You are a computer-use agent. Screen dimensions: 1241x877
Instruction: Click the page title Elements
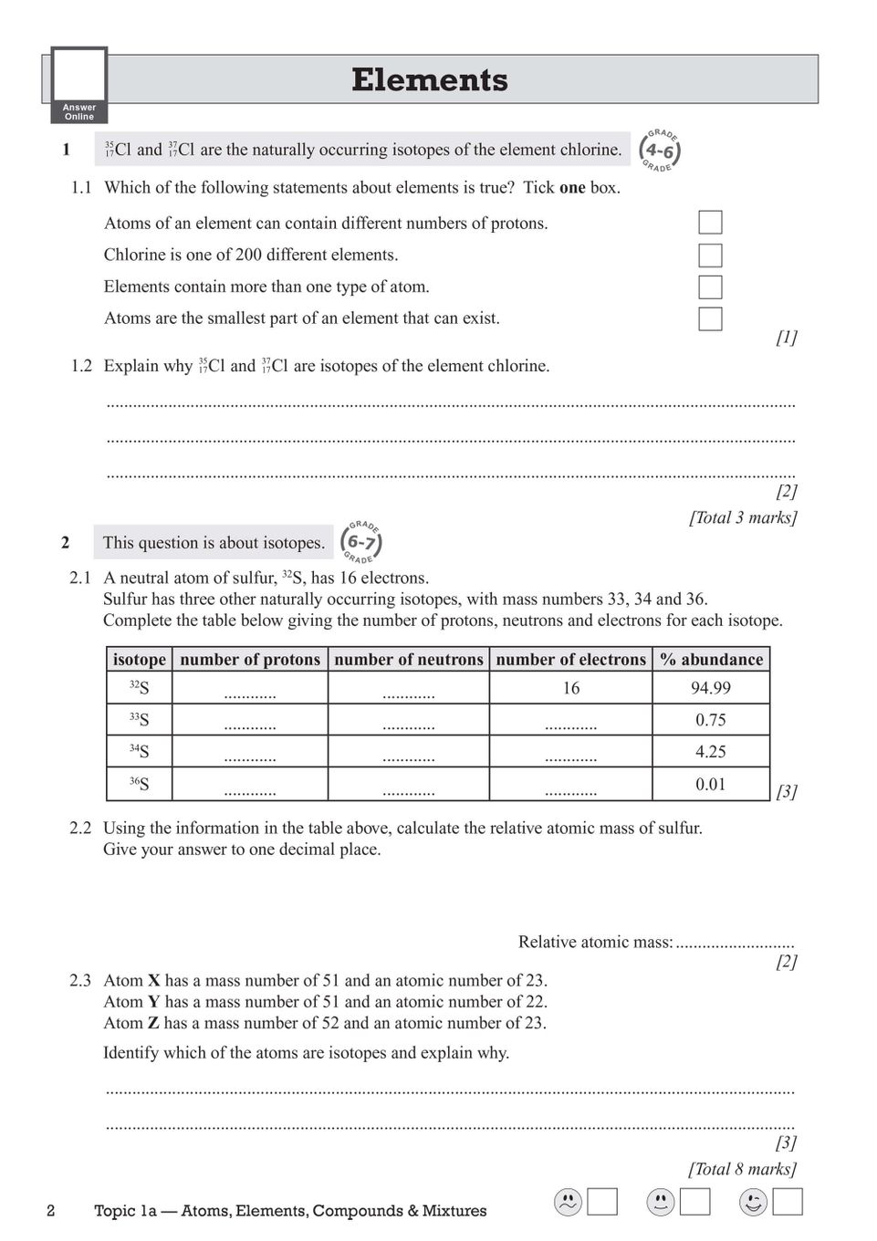429,80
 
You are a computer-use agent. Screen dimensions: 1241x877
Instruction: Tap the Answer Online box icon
79,86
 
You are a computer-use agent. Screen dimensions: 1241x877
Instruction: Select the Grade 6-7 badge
361,542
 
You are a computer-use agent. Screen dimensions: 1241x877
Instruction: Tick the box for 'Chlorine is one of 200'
710,255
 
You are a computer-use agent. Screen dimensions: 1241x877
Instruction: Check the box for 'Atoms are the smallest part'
710,318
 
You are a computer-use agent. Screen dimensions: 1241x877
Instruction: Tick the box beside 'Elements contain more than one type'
710,287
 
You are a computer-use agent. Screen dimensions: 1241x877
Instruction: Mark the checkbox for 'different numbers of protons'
710,223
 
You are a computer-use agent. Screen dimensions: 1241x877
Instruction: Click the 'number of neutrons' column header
408,660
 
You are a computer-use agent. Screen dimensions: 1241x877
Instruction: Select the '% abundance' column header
711,660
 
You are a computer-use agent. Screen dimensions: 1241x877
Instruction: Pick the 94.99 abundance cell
711,688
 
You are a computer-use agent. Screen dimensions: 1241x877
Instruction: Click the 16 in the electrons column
571,688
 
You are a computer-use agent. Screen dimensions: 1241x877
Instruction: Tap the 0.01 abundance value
711,784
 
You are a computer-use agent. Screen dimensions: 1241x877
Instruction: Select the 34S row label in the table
139,752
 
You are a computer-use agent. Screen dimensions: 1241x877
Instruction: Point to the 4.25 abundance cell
711,752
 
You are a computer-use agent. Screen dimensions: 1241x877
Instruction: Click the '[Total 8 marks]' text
742,1169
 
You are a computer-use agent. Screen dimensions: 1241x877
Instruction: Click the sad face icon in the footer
568,1203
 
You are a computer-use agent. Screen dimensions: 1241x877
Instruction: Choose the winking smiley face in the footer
753,1203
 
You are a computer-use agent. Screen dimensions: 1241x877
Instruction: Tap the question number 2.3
80,981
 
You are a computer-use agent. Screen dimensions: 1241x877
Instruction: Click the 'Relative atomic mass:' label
595,942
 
